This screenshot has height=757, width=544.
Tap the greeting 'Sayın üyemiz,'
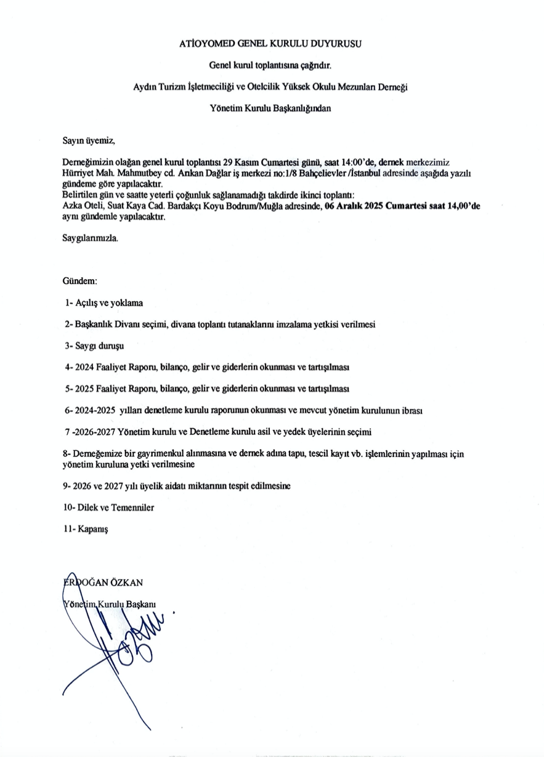tap(89, 141)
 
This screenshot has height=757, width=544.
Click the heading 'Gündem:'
tap(80, 281)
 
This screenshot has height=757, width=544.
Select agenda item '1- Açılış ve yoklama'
tap(104, 302)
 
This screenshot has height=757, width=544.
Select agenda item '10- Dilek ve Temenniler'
tap(108, 508)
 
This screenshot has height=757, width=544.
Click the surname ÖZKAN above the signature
tap(126, 582)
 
